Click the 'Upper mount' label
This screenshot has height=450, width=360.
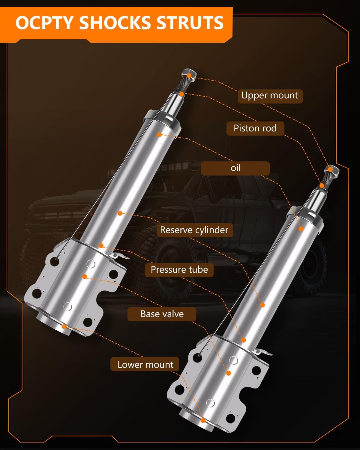click(270, 96)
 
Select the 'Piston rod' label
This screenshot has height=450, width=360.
click(255, 128)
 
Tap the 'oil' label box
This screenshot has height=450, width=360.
click(235, 168)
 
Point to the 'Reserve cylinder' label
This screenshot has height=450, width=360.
click(194, 230)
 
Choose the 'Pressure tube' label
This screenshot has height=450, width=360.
click(179, 270)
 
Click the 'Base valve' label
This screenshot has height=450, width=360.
click(162, 314)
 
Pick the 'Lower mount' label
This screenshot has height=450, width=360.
click(145, 364)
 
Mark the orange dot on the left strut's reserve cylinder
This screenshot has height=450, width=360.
click(120, 213)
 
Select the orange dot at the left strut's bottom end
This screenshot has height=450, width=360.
click(64, 326)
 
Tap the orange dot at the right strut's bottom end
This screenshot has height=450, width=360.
click(203, 421)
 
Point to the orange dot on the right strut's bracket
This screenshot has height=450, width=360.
click(229, 373)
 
